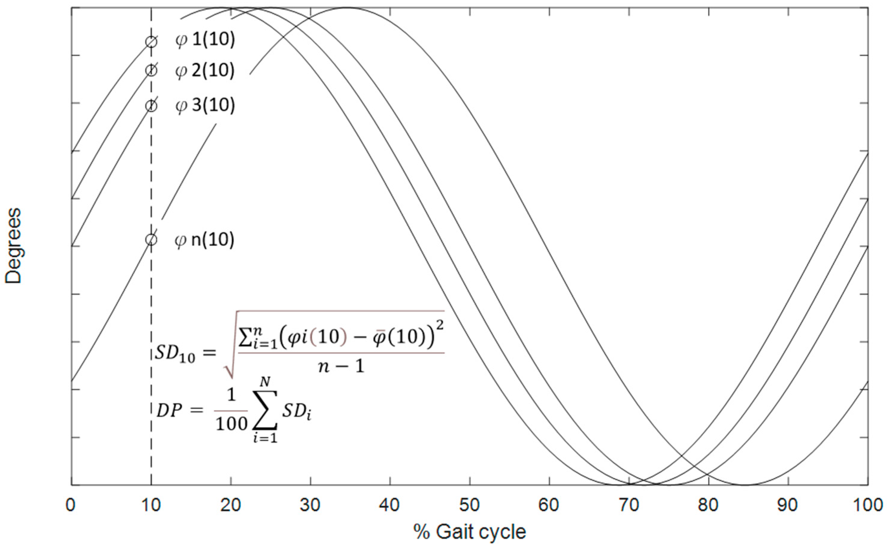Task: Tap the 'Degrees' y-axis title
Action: [x=13, y=246]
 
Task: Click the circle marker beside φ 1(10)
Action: [x=151, y=42]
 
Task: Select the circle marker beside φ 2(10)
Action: [x=151, y=70]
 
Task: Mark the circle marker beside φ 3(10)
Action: [x=151, y=106]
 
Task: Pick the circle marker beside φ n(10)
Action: [x=151, y=239]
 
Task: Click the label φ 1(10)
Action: [x=205, y=40]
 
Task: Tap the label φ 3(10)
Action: [x=205, y=105]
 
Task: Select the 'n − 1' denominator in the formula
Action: [x=341, y=367]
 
